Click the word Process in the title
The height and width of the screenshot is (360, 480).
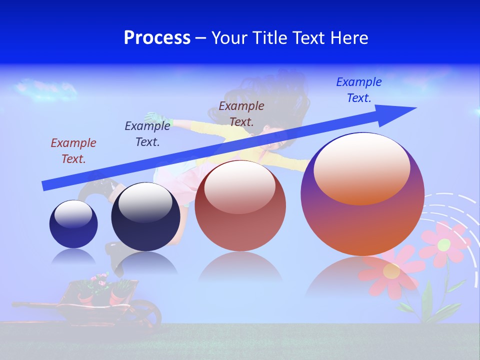pos(157,38)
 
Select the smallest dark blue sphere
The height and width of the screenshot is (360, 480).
pos(73,224)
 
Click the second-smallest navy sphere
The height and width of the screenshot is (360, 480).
pos(145,216)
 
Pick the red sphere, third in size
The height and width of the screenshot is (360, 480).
pos(240,205)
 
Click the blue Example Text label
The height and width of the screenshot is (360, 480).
pos(359,90)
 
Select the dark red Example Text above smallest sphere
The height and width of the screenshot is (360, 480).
pos(73,151)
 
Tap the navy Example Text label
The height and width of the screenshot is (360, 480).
pos(147,134)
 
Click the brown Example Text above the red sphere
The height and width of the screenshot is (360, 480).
pos(241,114)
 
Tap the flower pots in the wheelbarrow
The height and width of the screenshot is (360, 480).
pos(100,290)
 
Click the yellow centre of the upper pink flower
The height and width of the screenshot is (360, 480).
pos(444,244)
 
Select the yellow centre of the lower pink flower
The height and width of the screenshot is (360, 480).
pos(391,271)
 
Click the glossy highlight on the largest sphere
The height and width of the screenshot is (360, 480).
pos(361,167)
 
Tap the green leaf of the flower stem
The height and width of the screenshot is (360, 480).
pos(427,299)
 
